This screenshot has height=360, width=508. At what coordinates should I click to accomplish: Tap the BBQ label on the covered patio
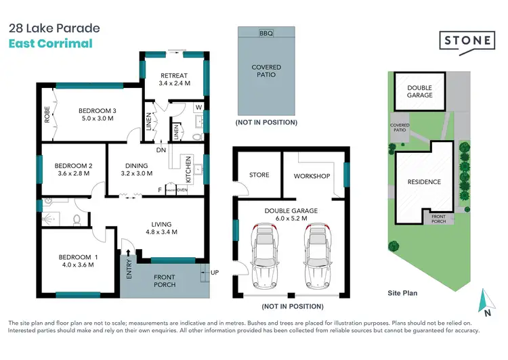266,33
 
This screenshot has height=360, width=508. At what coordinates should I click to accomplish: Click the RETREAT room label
174,74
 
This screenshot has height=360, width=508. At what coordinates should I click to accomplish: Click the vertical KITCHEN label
190,171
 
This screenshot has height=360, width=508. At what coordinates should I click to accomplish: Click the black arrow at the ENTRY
128,252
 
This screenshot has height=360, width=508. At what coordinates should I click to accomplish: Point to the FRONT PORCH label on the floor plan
165,281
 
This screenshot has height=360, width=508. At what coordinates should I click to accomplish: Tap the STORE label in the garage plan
259,175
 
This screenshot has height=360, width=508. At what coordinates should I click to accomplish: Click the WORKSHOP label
312,176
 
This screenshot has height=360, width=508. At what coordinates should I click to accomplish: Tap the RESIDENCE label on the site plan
424,181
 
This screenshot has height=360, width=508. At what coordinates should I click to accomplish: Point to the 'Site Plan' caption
402,293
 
